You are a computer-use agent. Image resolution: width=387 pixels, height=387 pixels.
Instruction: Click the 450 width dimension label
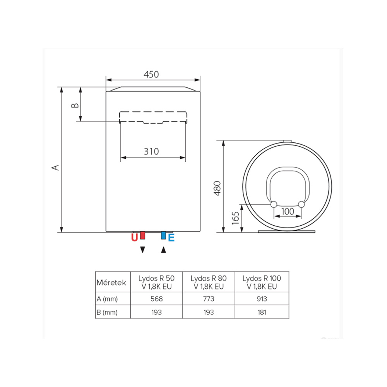click(x=151, y=74)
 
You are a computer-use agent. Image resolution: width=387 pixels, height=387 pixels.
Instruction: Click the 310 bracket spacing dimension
click(x=151, y=151)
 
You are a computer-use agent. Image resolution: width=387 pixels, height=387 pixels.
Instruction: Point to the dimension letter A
click(x=55, y=168)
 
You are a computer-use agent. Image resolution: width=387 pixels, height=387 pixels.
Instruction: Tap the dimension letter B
click(x=75, y=105)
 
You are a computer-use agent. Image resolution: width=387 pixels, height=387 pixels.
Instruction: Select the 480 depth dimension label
click(x=217, y=188)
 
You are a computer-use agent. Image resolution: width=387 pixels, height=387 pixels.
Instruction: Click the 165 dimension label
click(x=235, y=218)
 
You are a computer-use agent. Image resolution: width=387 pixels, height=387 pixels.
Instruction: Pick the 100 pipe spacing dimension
click(x=288, y=211)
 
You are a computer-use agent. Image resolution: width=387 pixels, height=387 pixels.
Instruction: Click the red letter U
click(x=135, y=238)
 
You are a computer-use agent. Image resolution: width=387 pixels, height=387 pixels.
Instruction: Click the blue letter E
click(x=171, y=238)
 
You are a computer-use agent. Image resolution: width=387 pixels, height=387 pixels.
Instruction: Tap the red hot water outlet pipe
click(x=142, y=235)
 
